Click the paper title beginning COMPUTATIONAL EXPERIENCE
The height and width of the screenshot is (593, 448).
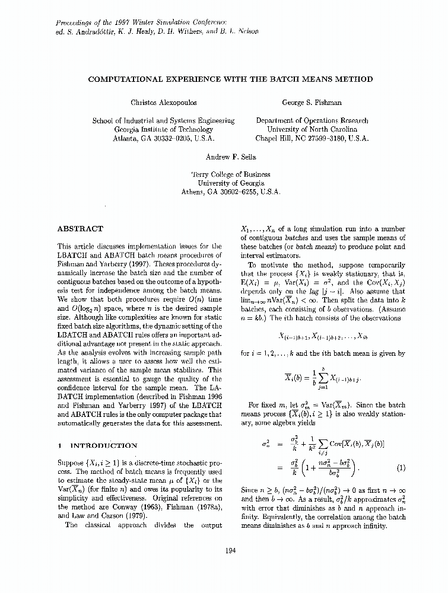coord(231,79)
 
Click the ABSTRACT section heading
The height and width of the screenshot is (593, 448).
coord(80,228)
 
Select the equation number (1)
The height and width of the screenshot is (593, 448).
coord(401,467)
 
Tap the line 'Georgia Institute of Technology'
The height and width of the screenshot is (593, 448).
coord(163,129)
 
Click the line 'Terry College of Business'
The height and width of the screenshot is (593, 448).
coord(230,174)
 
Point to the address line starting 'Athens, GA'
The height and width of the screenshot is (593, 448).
coord(230,192)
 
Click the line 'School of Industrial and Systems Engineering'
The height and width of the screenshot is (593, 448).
coord(163,120)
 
